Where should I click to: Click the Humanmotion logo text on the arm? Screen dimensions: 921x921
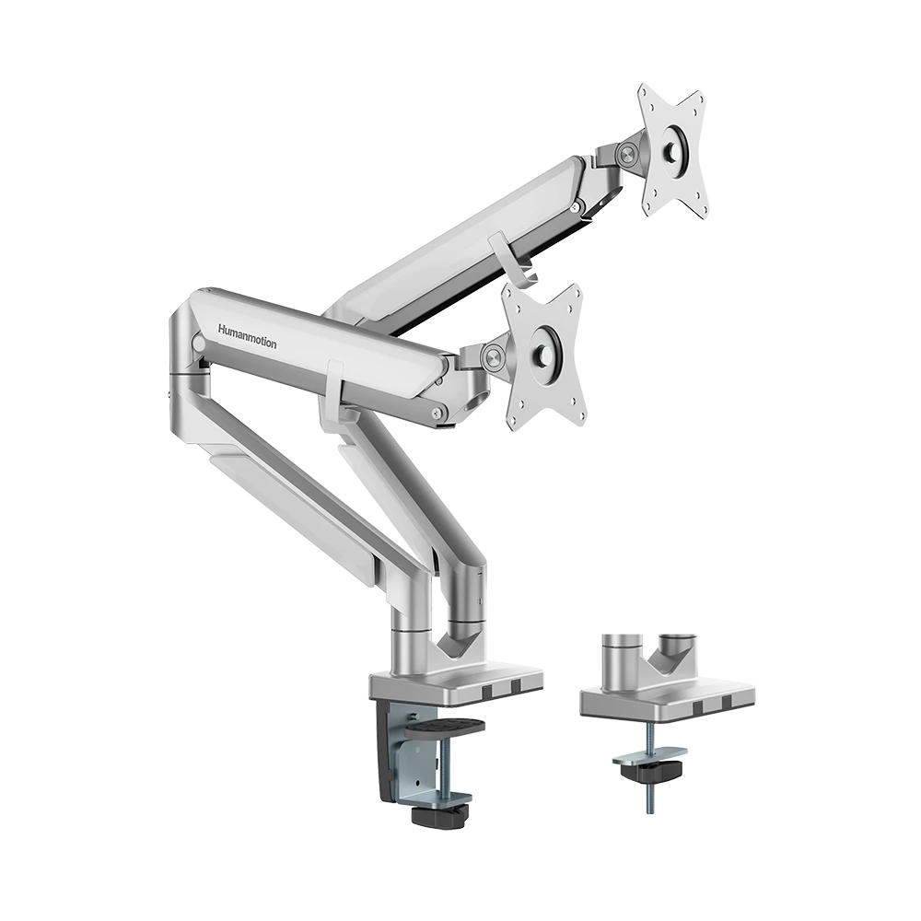point(247,336)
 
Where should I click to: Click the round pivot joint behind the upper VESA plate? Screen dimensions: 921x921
point(626,155)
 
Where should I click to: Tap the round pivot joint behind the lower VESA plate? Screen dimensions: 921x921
point(492,356)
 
